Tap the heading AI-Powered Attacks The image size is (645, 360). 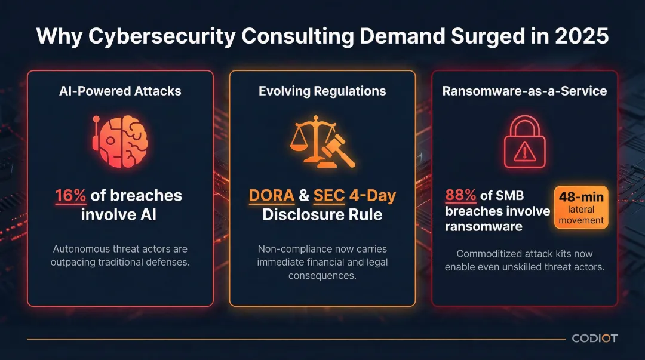pyautogui.click(x=120, y=91)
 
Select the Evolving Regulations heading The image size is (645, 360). pyautogui.click(x=322, y=91)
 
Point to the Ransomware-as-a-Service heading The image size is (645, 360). pyautogui.click(x=524, y=91)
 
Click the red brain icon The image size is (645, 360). pyautogui.click(x=121, y=140)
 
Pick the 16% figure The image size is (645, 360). pyautogui.click(x=70, y=195)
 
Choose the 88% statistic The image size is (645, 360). pyautogui.click(x=460, y=195)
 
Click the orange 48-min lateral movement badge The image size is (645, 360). pyautogui.click(x=581, y=208)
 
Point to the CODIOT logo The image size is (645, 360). pyautogui.click(x=595, y=339)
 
